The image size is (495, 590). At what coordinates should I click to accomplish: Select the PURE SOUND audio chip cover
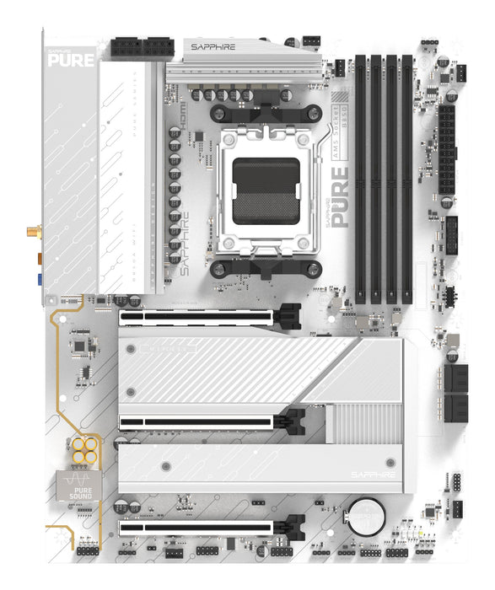coord(73,487)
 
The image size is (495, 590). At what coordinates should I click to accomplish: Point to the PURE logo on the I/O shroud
coord(65,58)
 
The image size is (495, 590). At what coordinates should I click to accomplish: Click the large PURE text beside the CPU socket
coord(339,197)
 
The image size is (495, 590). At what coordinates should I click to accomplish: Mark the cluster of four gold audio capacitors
coord(83,449)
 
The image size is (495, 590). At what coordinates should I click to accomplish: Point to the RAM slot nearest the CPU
coord(361,178)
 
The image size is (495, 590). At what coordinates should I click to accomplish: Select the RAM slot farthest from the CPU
coord(408,178)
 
